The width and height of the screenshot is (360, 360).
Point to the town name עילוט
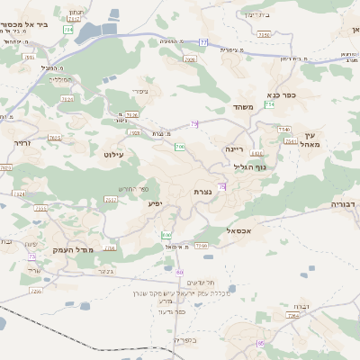(120, 156)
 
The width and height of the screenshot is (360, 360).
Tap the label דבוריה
(344, 204)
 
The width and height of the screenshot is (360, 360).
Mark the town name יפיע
(157, 204)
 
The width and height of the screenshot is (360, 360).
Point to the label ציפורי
(139, 91)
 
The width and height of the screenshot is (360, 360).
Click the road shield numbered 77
(204, 42)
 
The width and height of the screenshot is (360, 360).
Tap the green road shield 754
(269, 105)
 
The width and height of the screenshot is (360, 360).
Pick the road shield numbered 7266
(201, 245)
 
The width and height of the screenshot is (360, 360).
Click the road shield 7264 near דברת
(292, 316)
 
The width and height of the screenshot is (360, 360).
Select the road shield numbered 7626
(132, 115)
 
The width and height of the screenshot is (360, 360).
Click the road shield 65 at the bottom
(261, 343)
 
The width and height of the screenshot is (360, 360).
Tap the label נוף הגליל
(247, 166)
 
